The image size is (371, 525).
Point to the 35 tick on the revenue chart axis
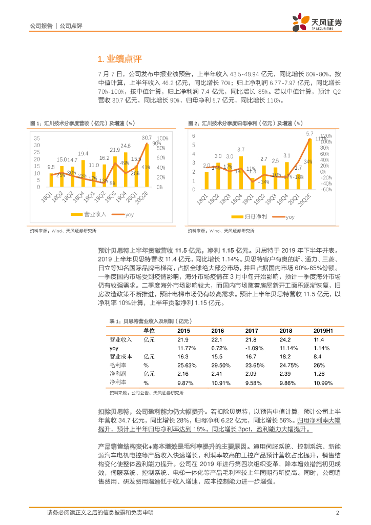[x=37, y=138]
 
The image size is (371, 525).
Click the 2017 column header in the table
[x=251, y=331]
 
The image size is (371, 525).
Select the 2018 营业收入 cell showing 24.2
[x=285, y=339]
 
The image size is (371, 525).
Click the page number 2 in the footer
[x=337, y=513]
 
